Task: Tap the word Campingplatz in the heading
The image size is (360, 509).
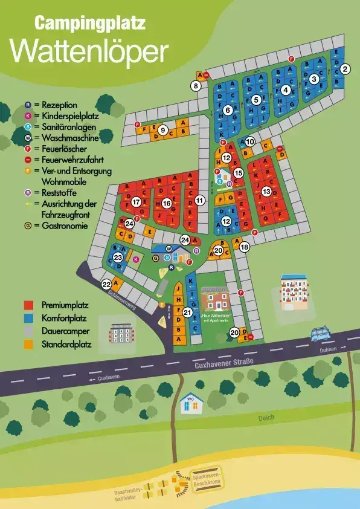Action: click(x=90, y=24)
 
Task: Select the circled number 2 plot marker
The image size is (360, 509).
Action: click(x=345, y=69)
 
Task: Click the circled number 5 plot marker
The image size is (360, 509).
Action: click(x=256, y=100)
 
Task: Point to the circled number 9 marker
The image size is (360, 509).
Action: click(x=162, y=129)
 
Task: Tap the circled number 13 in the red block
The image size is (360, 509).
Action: click(x=266, y=192)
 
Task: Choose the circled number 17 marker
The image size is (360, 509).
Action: click(x=137, y=202)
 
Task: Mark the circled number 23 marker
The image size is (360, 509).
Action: click(x=118, y=257)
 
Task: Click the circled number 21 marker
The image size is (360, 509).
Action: click(x=187, y=313)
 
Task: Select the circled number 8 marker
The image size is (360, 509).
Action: click(x=196, y=86)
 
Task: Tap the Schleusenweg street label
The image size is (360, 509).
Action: click(x=118, y=291)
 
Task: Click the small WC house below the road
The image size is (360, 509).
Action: click(x=192, y=403)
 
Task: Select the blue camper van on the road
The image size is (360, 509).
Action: click(x=320, y=334)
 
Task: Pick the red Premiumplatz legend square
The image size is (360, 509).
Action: click(x=28, y=305)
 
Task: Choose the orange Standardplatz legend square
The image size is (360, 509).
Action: click(x=28, y=345)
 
